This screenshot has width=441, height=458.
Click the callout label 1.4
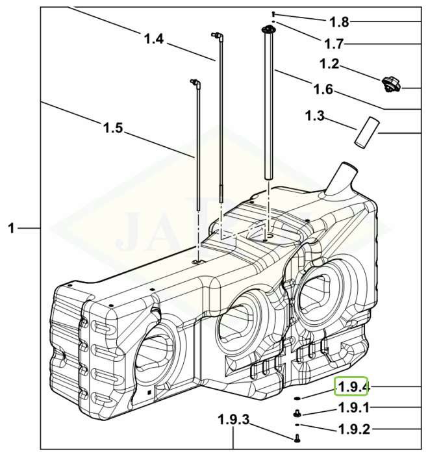tap(153, 39)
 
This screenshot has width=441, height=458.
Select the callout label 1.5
tap(113, 127)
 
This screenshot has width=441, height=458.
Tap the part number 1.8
tap(339, 22)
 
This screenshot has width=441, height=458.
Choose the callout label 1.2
tap(329, 64)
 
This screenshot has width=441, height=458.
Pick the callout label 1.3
tap(315, 116)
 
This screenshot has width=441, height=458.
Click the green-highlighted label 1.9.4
tap(351, 387)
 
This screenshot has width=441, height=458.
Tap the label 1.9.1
tap(354, 408)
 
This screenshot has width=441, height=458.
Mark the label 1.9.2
tap(355, 429)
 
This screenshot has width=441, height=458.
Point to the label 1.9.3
tap(233, 420)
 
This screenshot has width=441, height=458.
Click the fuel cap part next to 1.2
tap(391, 84)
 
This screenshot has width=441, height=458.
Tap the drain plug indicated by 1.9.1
tap(297, 413)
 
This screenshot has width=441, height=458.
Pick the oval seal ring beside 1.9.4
tap(297, 398)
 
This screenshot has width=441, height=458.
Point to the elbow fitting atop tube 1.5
tap(194, 83)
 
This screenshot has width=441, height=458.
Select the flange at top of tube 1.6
tap(267, 30)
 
